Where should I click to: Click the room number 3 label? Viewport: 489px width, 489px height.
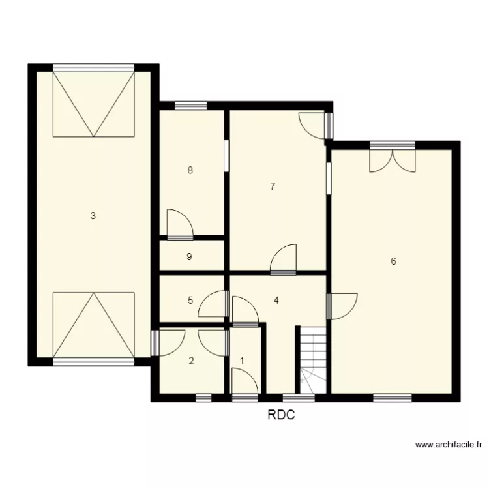[93, 216]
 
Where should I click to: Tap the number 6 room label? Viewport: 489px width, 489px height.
[393, 261]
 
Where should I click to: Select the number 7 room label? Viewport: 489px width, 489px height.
[273, 186]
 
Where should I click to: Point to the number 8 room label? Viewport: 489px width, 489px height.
[190, 171]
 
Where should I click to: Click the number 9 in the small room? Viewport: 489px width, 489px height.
[189, 257]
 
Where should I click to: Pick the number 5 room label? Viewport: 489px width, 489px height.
[190, 301]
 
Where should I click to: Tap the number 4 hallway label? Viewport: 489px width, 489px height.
[276, 301]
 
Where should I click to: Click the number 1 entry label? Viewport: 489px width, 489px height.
[243, 361]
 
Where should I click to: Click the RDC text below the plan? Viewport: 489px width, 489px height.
[281, 415]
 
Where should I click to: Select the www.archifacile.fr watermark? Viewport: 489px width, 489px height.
[449, 445]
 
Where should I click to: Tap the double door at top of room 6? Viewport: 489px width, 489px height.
[392, 160]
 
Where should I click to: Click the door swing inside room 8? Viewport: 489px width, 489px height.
[179, 222]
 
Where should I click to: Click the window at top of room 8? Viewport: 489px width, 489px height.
[190, 105]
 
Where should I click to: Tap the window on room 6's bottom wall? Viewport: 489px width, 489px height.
[392, 397]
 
